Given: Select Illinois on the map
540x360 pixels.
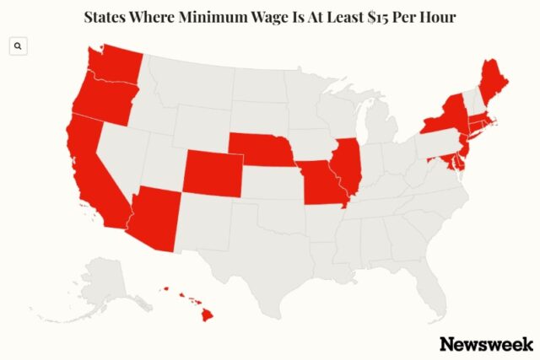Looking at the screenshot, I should [345, 165].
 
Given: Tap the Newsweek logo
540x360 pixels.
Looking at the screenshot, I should [485, 343].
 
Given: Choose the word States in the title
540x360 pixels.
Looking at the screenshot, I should [109, 16].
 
